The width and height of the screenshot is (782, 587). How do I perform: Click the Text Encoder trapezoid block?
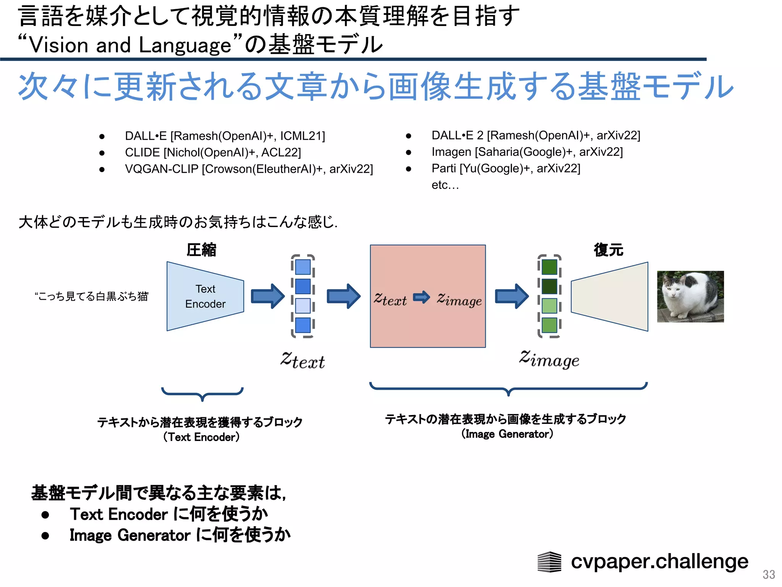pyautogui.click(x=205, y=296)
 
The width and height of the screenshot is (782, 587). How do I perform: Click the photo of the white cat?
pyautogui.click(x=690, y=297)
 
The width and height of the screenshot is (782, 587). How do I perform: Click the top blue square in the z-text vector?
pyautogui.click(x=303, y=267)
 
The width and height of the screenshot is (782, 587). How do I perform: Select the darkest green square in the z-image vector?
pyautogui.click(x=549, y=287)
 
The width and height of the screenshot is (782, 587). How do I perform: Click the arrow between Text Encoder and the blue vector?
pyautogui.click(x=267, y=296)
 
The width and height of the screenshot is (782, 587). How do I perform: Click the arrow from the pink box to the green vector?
pyautogui.click(x=511, y=296)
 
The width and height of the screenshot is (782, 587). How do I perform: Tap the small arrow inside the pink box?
pyautogui.click(x=422, y=297)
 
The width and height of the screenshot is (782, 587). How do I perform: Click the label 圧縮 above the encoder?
pyautogui.click(x=201, y=250)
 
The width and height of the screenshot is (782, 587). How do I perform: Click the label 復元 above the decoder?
pyautogui.click(x=608, y=250)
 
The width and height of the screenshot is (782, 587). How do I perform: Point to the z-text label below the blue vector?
pyautogui.click(x=302, y=360)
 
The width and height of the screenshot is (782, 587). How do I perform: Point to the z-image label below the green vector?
pyautogui.click(x=549, y=359)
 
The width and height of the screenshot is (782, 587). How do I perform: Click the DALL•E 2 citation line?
pyautogui.click(x=535, y=135)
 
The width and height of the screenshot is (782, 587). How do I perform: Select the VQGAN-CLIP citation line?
pyautogui.click(x=249, y=169)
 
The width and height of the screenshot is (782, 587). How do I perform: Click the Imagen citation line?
pyautogui.click(x=527, y=152)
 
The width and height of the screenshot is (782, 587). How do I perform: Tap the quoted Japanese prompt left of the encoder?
pyautogui.click(x=91, y=296)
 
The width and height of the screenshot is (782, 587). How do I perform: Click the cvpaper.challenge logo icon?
pyautogui.click(x=549, y=562)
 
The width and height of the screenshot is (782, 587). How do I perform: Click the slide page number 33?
pyautogui.click(x=768, y=574)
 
